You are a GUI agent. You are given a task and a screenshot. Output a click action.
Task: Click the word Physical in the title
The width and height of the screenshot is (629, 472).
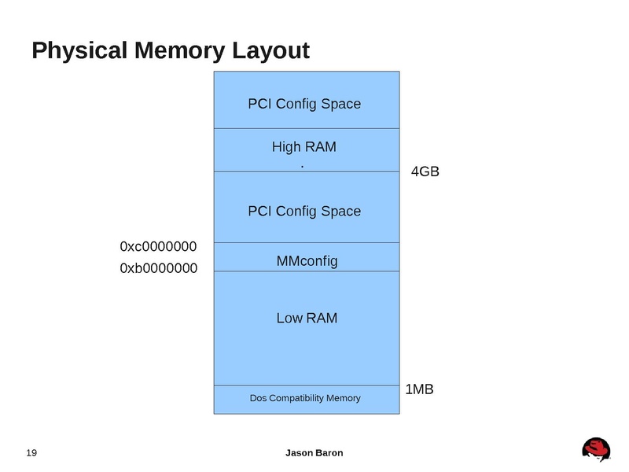tap(80, 51)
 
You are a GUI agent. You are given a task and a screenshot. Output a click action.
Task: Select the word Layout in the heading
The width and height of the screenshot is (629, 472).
tap(270, 51)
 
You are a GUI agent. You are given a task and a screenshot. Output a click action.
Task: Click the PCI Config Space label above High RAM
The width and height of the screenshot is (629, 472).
tap(304, 103)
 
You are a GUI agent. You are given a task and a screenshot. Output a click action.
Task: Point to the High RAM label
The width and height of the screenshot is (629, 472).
tap(304, 147)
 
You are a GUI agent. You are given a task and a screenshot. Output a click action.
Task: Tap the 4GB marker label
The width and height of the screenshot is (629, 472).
tap(425, 171)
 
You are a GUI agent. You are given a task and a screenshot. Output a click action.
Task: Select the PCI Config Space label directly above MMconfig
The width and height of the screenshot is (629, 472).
tap(304, 211)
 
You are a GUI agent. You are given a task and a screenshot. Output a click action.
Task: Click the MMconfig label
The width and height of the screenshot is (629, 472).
tap(307, 260)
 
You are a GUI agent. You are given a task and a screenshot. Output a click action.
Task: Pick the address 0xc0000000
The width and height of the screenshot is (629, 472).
tap(158, 247)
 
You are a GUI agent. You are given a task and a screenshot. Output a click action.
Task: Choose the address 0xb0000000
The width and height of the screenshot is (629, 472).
tap(158, 269)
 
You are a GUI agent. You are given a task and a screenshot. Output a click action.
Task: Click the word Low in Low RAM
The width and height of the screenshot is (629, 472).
tap(289, 319)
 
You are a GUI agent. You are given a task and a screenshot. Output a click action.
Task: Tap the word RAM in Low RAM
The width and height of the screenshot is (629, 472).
tap(322, 319)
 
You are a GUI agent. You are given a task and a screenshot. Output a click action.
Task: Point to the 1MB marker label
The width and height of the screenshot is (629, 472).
tap(419, 389)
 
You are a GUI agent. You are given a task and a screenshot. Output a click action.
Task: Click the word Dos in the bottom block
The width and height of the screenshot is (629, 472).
tap(259, 398)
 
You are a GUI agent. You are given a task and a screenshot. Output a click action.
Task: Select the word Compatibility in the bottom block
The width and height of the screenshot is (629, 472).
tap(301, 398)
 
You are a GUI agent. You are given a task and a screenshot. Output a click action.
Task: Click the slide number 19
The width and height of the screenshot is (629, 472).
tap(32, 453)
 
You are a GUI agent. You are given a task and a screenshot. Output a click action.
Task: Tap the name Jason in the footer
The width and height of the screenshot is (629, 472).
tap(299, 453)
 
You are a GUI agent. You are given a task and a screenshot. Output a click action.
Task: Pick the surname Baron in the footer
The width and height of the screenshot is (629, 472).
tap(329, 453)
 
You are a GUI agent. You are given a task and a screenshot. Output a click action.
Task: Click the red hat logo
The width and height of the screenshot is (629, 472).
tap(596, 449)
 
